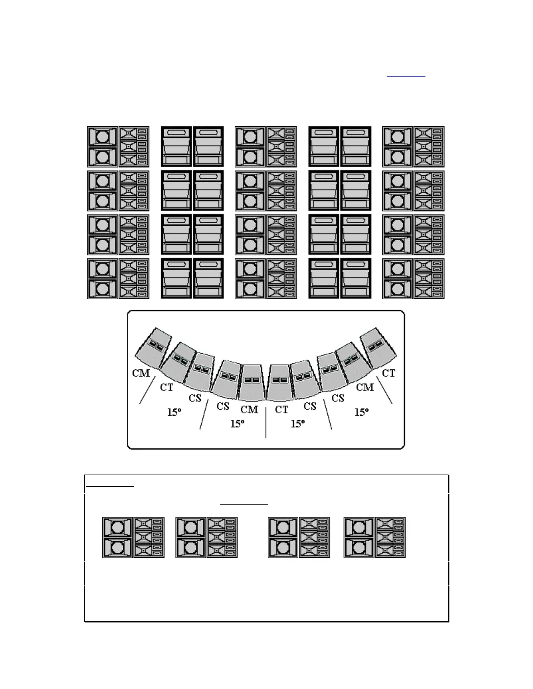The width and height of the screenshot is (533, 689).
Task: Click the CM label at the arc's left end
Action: tap(141, 373)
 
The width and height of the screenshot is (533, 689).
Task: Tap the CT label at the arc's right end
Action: tap(388, 373)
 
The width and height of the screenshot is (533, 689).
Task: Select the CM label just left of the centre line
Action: tap(249, 409)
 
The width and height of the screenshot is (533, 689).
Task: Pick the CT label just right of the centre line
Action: tap(282, 409)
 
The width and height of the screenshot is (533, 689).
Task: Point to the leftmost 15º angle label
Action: tap(174, 411)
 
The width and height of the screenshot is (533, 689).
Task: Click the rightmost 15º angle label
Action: tap(362, 411)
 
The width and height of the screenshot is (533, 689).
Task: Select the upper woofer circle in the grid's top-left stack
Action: tap(102, 137)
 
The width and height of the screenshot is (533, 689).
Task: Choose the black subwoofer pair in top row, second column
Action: tap(192, 147)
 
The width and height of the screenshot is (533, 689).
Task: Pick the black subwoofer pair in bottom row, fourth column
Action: tap(340, 279)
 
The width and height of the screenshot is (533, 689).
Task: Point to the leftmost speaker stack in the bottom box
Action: tap(133, 537)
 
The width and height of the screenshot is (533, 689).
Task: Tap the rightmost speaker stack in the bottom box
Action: tap(374, 537)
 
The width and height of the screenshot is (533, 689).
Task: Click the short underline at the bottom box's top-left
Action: tap(110, 486)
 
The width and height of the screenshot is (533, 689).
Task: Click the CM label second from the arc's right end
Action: tap(365, 387)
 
